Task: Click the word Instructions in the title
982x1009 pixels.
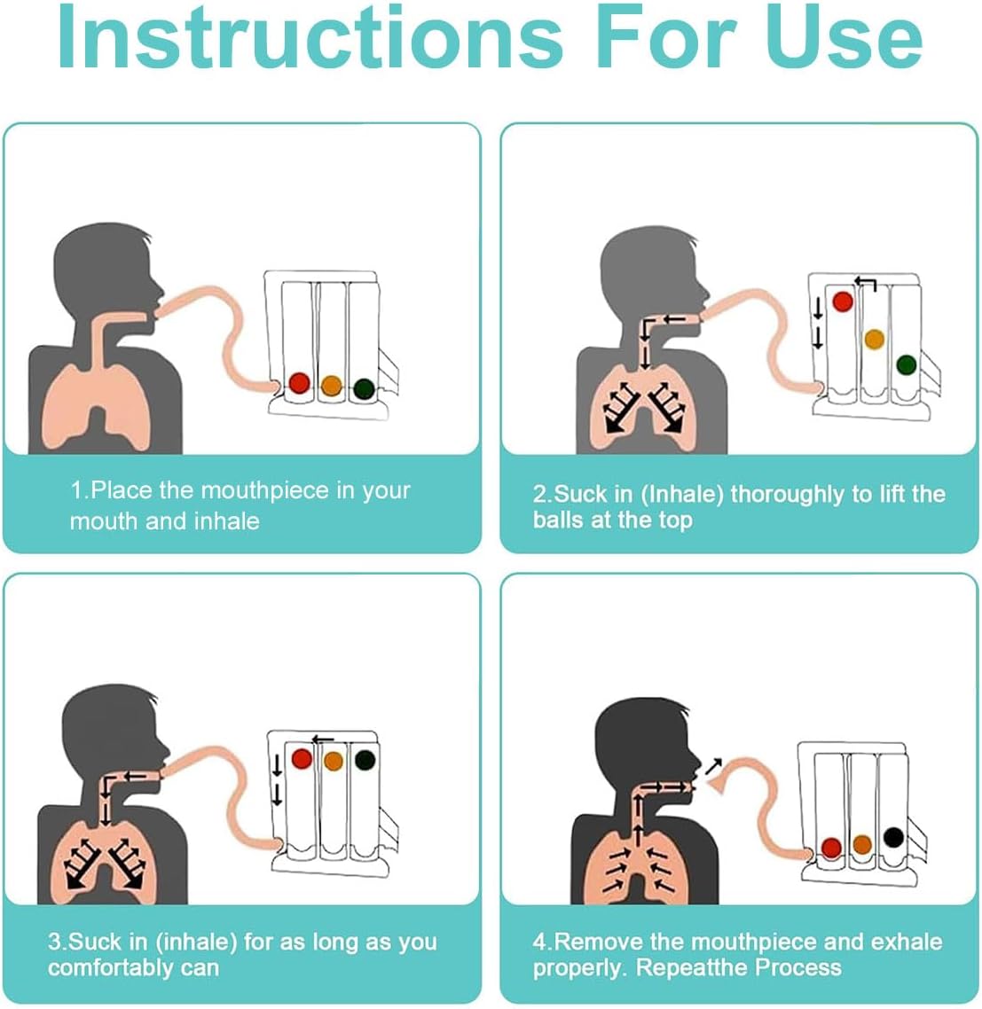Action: click(x=310, y=36)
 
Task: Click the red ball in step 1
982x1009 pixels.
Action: click(x=300, y=384)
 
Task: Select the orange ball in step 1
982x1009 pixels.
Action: click(x=331, y=386)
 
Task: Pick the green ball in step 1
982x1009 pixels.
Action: click(x=364, y=388)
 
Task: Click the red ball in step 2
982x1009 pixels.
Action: click(x=842, y=301)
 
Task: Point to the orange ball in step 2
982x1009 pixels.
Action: click(x=874, y=339)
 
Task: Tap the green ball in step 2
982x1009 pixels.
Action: click(x=906, y=365)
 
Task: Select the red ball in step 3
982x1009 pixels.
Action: click(x=302, y=759)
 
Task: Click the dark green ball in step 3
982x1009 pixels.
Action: click(x=365, y=760)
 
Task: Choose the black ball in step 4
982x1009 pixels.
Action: click(x=894, y=836)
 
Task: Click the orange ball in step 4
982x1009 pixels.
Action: click(x=862, y=844)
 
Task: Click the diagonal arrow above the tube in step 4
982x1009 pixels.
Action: click(x=713, y=766)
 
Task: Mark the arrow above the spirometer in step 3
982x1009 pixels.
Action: click(x=323, y=739)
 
